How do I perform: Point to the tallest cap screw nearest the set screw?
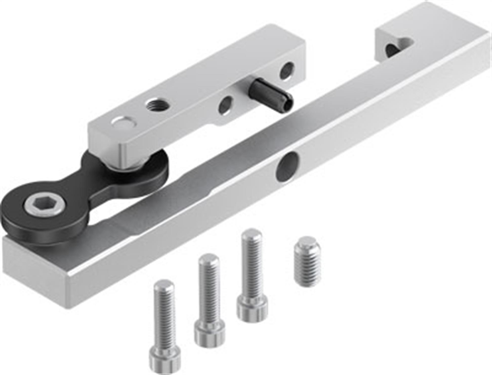[252, 273]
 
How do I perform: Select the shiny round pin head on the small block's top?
[122, 122]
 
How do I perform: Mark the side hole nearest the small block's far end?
[287, 70]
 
